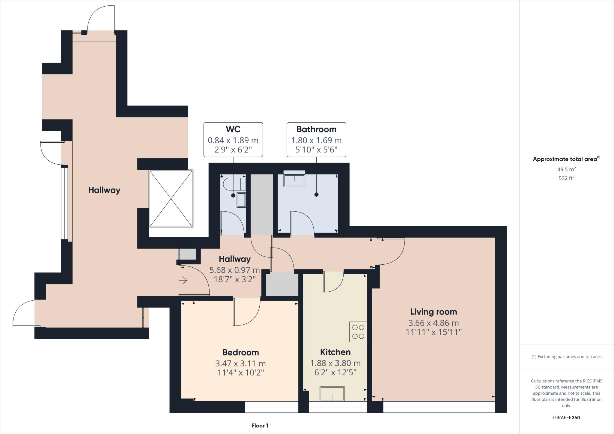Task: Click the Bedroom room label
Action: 240,352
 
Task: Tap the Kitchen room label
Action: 335,352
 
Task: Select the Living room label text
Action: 434,312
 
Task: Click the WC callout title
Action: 233,129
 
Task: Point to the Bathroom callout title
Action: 316,129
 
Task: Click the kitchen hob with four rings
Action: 358,332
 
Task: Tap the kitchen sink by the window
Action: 332,394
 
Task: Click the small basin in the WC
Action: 241,200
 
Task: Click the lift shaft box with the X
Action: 171,199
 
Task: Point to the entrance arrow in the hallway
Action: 183,281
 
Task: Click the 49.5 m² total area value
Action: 566,169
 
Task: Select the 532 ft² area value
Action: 566,178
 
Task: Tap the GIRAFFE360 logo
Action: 566,418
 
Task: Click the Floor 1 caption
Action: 260,426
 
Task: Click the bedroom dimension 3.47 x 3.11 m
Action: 240,364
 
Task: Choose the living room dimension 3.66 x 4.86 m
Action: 434,323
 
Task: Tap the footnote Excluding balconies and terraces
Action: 566,357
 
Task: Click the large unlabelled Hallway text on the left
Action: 104,190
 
